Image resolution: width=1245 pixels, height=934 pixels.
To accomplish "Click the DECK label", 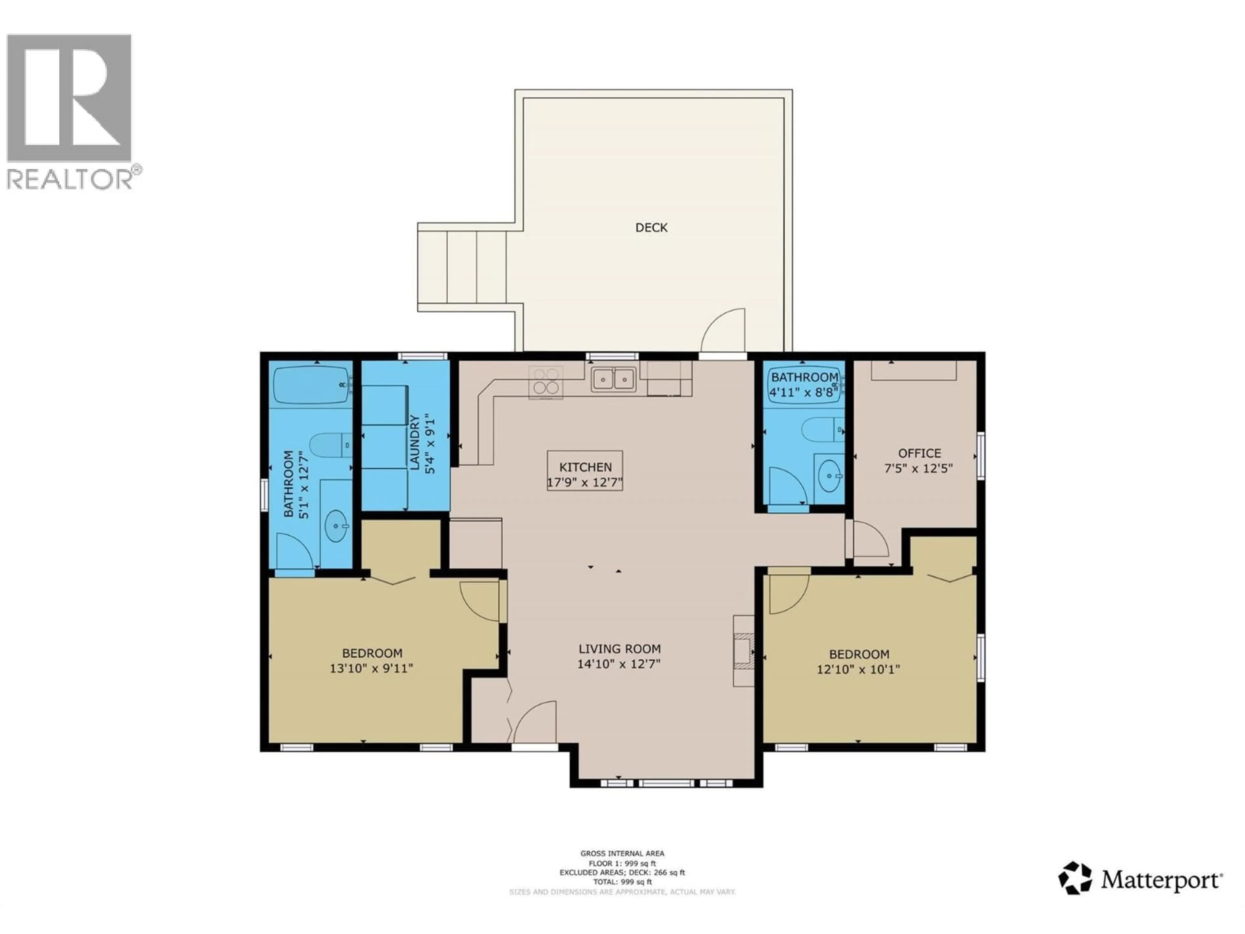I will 651,227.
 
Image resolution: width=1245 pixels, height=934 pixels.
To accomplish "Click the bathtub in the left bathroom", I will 311,385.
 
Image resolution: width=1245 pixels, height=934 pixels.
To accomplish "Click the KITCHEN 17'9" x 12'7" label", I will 585,474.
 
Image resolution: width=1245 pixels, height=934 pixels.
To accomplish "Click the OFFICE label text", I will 919,453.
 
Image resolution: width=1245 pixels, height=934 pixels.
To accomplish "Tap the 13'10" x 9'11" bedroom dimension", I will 372,668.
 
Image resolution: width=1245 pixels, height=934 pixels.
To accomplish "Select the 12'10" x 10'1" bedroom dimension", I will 858,669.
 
